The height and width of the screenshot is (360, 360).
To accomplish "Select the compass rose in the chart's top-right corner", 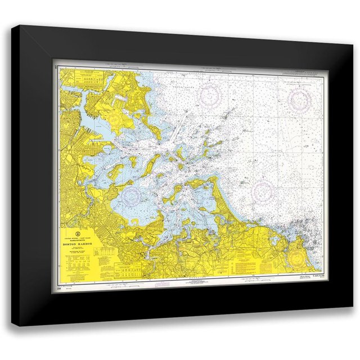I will [x=300, y=101].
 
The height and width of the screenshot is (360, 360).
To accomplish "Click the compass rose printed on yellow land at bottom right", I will [x=298, y=258].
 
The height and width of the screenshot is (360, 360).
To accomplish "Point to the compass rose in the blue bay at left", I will [x=132, y=196].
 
